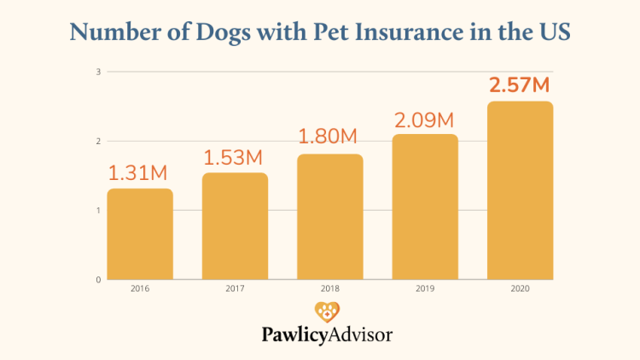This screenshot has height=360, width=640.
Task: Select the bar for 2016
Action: click(x=140, y=234)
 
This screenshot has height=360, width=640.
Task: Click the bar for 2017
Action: click(x=235, y=226)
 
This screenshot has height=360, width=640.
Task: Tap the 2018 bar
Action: click(x=329, y=217)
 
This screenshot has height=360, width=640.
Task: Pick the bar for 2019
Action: click(x=425, y=206)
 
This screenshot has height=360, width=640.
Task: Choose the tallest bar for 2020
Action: click(x=520, y=190)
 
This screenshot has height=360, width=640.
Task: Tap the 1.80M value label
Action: click(x=329, y=136)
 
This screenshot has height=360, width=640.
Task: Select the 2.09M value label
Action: click(x=425, y=119)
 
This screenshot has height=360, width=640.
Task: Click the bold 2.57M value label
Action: click(x=520, y=85)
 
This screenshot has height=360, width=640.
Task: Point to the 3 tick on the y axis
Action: click(x=99, y=72)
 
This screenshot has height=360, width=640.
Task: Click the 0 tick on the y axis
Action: click(x=99, y=280)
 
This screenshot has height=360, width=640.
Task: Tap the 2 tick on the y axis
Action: click(x=99, y=142)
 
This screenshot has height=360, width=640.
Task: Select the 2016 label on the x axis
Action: click(x=140, y=288)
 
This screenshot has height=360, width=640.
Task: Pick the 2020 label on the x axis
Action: click(x=520, y=288)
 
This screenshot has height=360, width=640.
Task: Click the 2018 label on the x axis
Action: click(x=329, y=288)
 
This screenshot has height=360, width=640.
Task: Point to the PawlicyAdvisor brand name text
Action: click(x=327, y=335)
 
